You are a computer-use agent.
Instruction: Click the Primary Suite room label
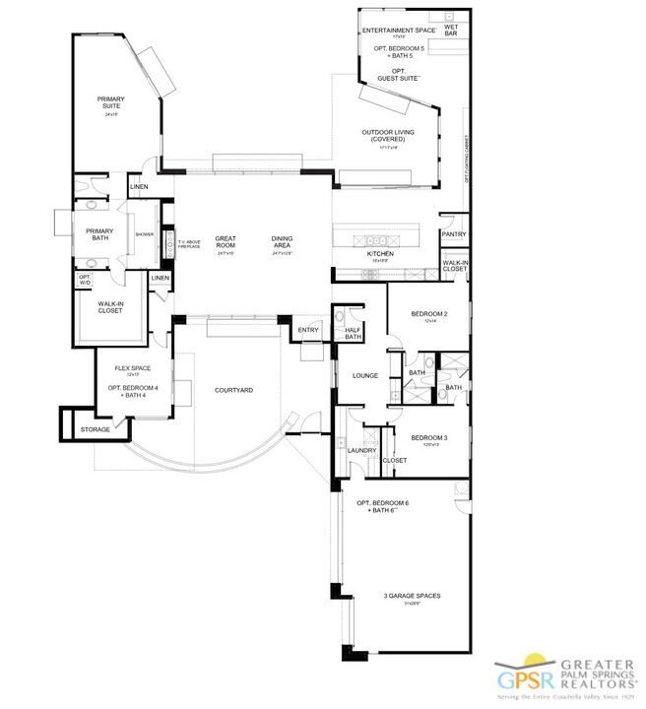109,102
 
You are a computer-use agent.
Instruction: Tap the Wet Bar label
450,31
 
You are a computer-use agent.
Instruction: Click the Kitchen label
380,254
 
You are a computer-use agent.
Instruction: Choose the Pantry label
454,234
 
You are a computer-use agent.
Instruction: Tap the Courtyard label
233,391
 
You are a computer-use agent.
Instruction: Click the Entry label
308,331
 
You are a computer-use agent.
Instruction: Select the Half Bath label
353,333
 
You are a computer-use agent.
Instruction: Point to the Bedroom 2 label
429,314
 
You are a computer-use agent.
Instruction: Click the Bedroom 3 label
429,438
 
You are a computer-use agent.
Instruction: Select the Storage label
96,429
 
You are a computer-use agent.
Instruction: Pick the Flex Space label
131,369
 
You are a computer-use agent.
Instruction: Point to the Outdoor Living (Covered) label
387,136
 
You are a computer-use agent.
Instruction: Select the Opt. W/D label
86,281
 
